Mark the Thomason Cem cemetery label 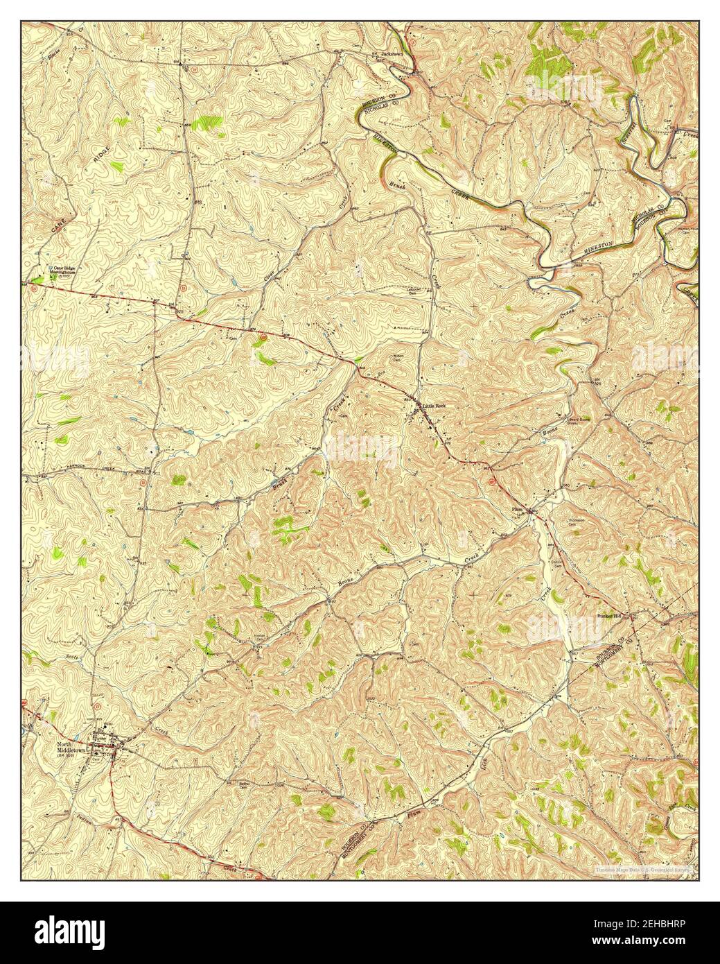[x=578, y=522]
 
